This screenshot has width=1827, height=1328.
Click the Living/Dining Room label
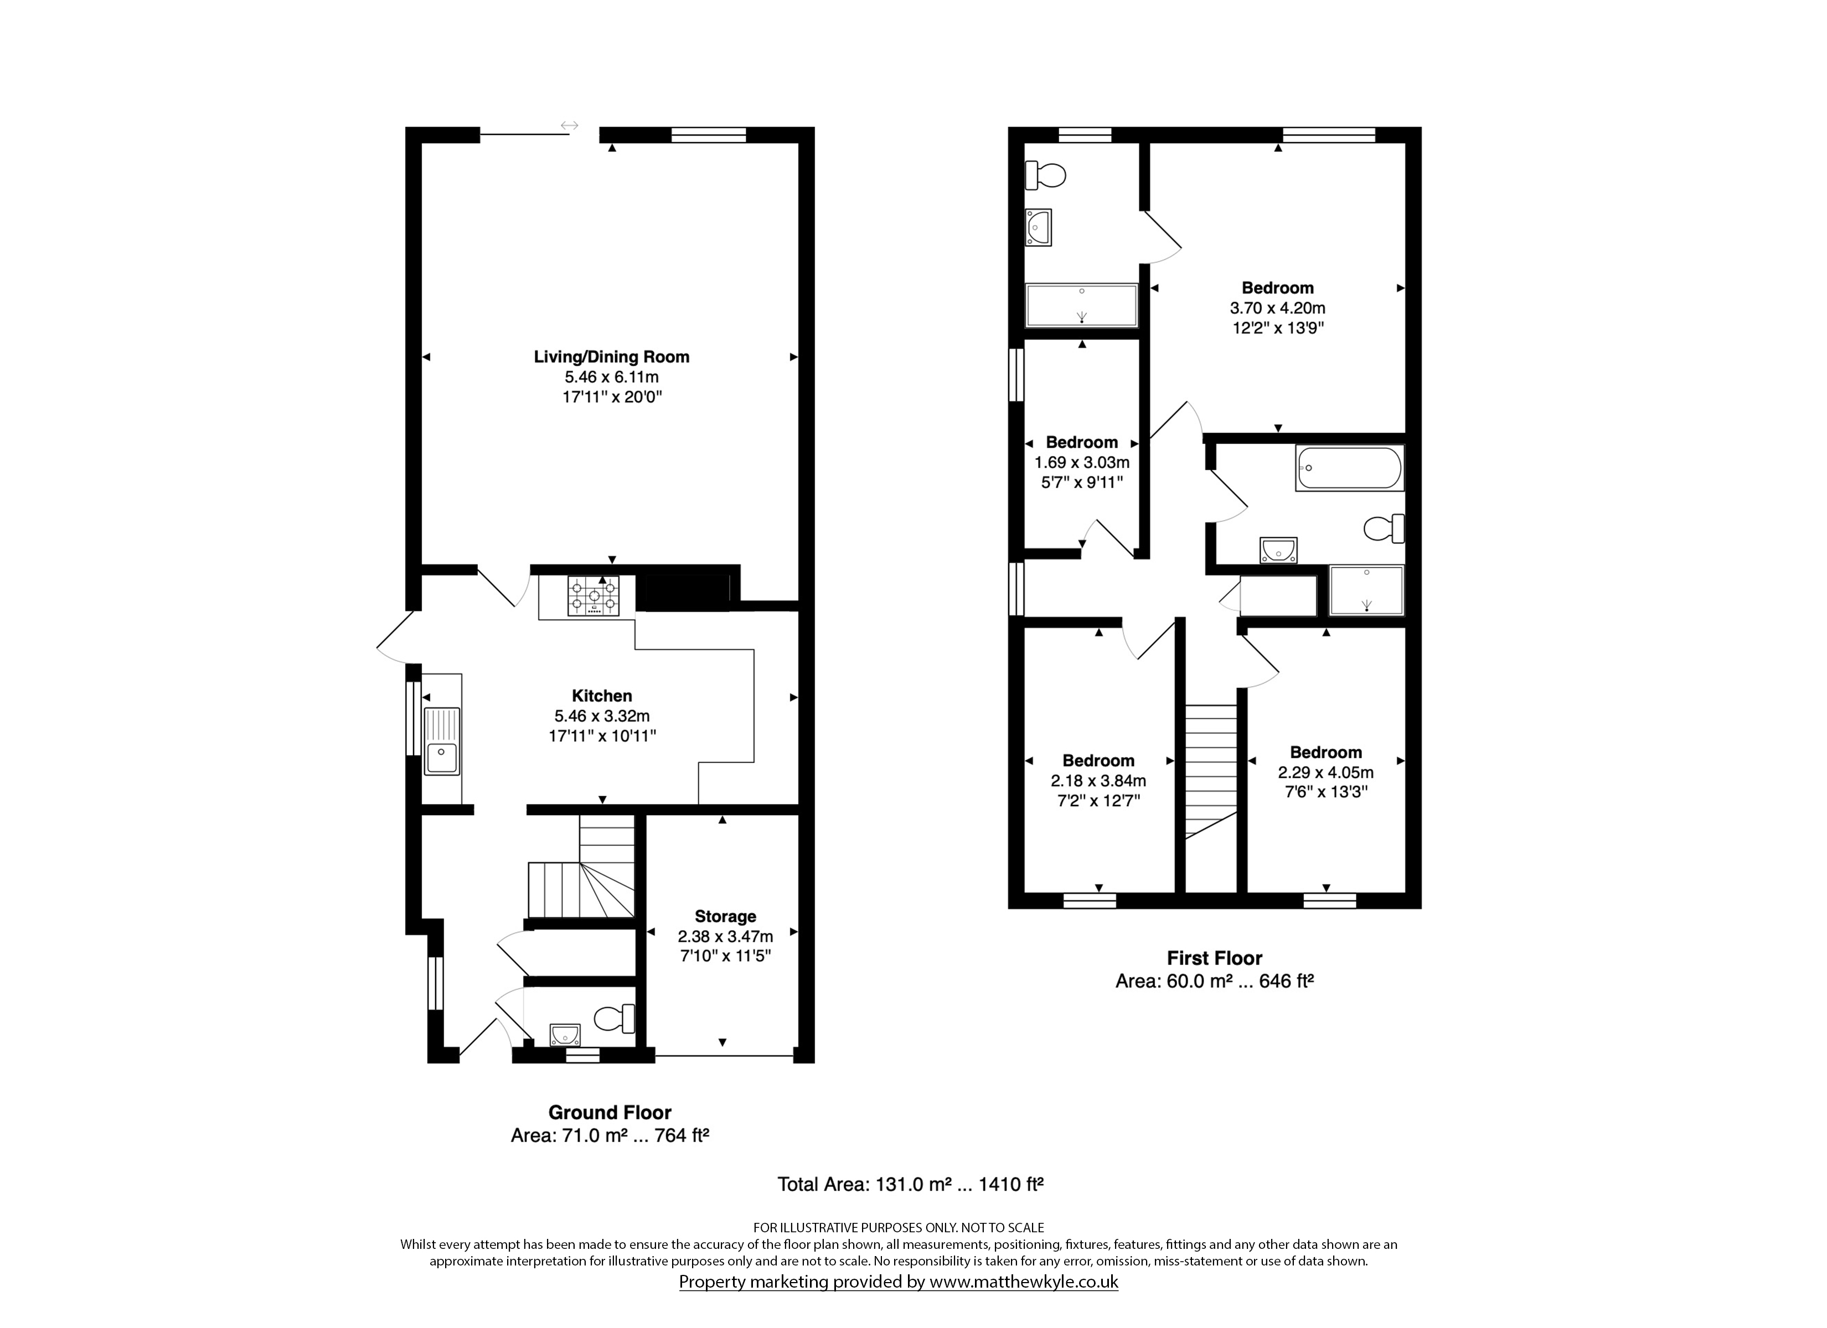point(611,357)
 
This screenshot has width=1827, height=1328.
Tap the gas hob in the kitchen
point(593,596)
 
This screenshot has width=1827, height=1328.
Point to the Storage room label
point(725,916)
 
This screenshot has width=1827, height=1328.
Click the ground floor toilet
point(616,1019)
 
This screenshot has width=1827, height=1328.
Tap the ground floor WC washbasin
point(565,1034)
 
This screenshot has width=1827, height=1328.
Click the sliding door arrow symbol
point(570,126)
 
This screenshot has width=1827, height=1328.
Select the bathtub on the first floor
point(1350,468)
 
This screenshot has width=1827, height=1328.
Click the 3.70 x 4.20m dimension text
point(1278,308)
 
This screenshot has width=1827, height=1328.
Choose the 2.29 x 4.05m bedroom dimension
point(1326,773)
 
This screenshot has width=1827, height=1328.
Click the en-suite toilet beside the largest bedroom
point(1046,174)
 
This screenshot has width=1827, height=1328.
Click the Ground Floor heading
point(610,1113)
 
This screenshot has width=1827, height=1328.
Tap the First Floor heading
point(1215,958)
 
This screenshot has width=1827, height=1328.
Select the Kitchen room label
point(602,696)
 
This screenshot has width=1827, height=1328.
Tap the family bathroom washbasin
point(1278,550)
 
